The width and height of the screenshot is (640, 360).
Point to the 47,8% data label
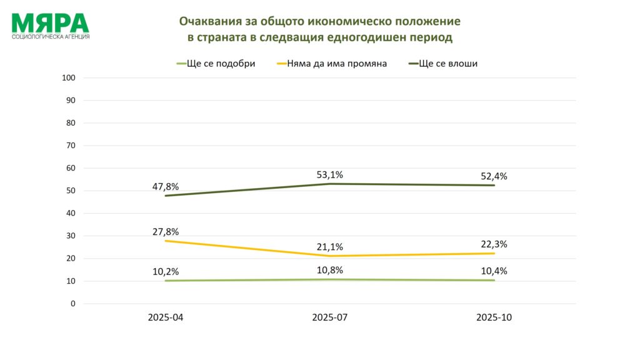tap(166, 186)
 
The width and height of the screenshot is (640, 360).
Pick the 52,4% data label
tap(494, 176)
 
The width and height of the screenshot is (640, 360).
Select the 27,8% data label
tap(166, 231)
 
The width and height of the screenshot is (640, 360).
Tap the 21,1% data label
tap(329, 246)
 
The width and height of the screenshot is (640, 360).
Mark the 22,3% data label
tap(494, 244)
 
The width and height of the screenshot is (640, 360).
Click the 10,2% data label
tap(166, 271)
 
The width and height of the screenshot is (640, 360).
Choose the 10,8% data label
tap(329, 269)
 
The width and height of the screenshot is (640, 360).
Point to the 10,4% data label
tap(494, 271)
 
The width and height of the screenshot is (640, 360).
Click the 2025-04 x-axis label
tap(166, 317)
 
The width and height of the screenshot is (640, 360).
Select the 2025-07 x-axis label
tap(329, 317)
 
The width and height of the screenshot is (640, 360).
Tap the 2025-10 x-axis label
tap(494, 317)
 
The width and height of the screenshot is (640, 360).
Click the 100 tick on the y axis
tap(69, 77)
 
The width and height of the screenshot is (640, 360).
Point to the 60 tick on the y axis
tap(71, 168)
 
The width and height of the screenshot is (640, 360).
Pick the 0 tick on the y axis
tap(72, 304)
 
